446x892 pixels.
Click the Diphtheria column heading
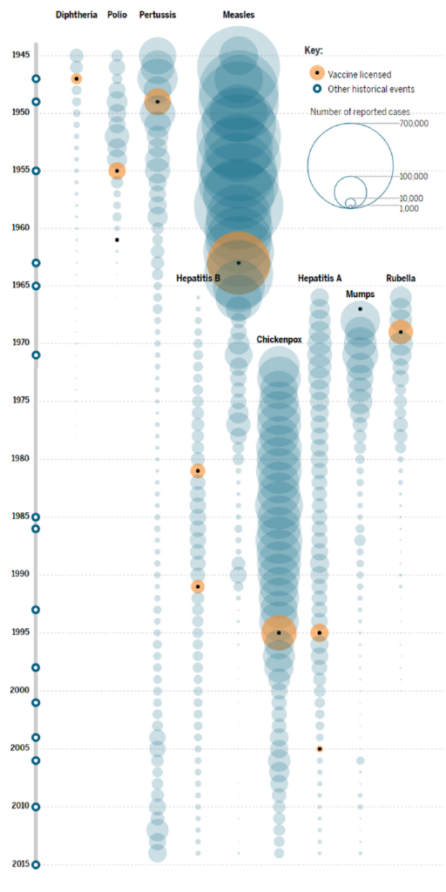(77, 16)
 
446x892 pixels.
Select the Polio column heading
(117, 16)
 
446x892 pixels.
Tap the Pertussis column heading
(158, 16)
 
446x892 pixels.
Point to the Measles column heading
(239, 16)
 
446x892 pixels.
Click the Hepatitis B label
(198, 279)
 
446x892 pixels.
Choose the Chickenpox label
(279, 339)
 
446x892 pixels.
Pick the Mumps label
(360, 294)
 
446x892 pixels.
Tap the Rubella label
(401, 279)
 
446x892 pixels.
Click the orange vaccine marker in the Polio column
(117, 171)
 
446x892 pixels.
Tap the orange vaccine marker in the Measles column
(239, 262)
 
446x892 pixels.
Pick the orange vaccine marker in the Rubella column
(401, 332)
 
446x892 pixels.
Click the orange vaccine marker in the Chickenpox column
(279, 632)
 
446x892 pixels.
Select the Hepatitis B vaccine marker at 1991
(198, 586)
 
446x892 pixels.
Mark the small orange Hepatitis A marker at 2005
(320, 748)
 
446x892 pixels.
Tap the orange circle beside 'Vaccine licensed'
(318, 75)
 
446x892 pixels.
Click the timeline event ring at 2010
(36, 807)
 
